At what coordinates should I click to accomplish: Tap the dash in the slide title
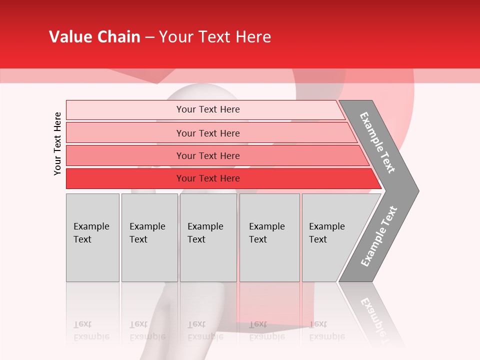click(149, 37)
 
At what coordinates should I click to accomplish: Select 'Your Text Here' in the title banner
click(215, 37)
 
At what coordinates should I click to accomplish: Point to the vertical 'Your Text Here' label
click(57, 143)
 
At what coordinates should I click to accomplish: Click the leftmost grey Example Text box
click(92, 237)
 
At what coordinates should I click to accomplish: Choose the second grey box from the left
click(149, 237)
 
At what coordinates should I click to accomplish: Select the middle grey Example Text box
click(208, 237)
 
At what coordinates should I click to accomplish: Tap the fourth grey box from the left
click(269, 237)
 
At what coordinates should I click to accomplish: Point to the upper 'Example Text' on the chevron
click(377, 142)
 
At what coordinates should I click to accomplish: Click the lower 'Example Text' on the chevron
click(379, 236)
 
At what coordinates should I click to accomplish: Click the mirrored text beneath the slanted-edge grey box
click(327, 330)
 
